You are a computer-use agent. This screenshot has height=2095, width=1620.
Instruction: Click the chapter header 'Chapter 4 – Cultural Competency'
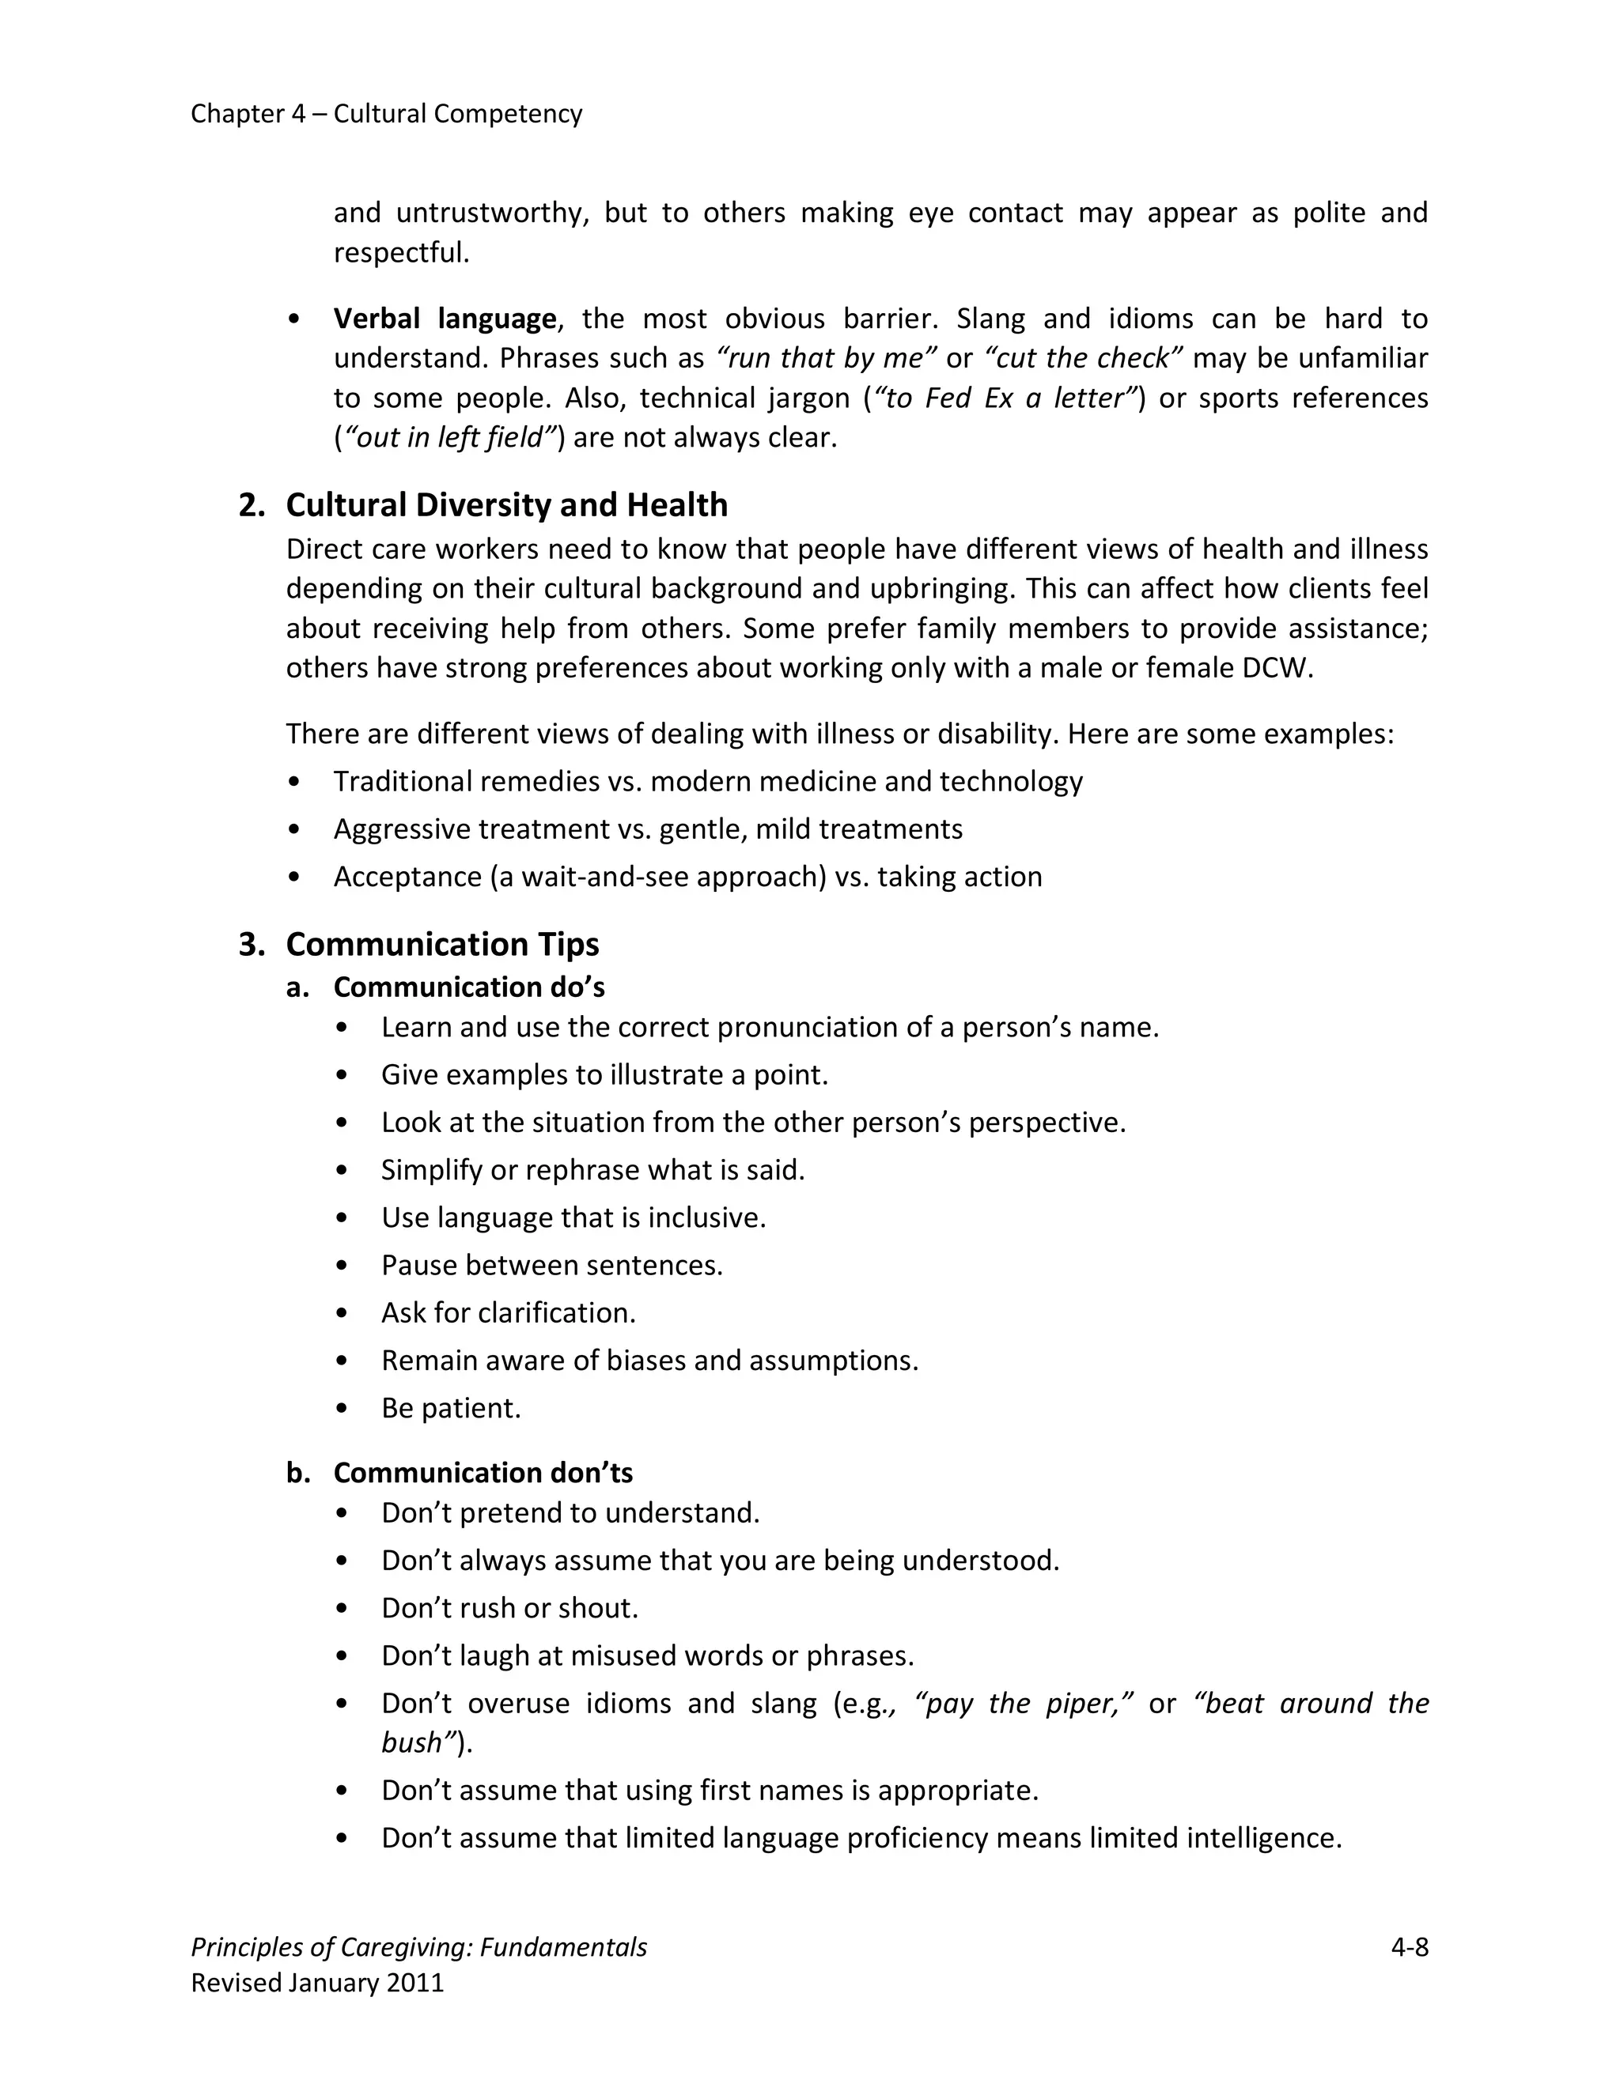(386, 114)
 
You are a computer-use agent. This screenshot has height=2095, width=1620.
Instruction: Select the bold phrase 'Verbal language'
(445, 319)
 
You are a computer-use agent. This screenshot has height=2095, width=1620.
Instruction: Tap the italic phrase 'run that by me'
(825, 359)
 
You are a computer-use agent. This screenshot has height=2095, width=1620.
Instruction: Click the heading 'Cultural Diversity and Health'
(505, 505)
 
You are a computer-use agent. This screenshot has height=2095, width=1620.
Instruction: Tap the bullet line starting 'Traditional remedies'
(707, 782)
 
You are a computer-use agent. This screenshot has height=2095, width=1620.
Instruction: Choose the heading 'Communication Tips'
(441, 945)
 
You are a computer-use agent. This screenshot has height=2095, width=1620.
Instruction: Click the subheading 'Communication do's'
(468, 987)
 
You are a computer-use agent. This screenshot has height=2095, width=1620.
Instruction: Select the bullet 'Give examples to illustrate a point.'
(604, 1075)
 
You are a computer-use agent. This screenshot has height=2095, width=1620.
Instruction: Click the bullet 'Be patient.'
(450, 1408)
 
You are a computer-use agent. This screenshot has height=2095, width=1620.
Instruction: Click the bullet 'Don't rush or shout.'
(509, 1608)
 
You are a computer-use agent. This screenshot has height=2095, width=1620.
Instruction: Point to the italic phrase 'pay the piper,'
(1024, 1704)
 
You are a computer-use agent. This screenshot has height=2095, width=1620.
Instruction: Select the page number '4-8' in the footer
(1409, 1947)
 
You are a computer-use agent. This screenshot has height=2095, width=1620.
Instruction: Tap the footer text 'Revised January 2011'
(316, 1983)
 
